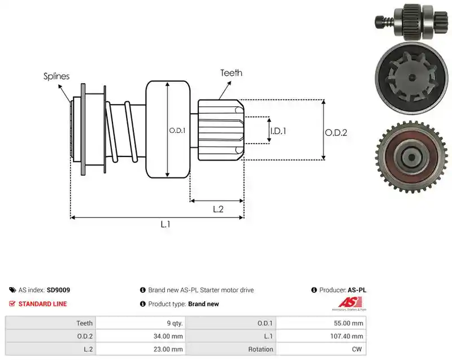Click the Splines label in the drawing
click(56, 76)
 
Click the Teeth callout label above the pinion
click(231, 73)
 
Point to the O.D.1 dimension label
click(177, 131)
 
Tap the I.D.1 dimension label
click(278, 132)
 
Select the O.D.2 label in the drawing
click(336, 133)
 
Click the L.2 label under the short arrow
click(218, 209)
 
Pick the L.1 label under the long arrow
click(166, 224)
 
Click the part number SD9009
click(58, 290)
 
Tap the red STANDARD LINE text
click(43, 304)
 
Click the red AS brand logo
click(350, 303)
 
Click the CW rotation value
click(357, 349)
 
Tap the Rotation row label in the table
click(260, 349)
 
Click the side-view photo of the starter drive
click(411, 21)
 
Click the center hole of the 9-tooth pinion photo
click(412, 77)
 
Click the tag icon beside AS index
click(12, 290)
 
